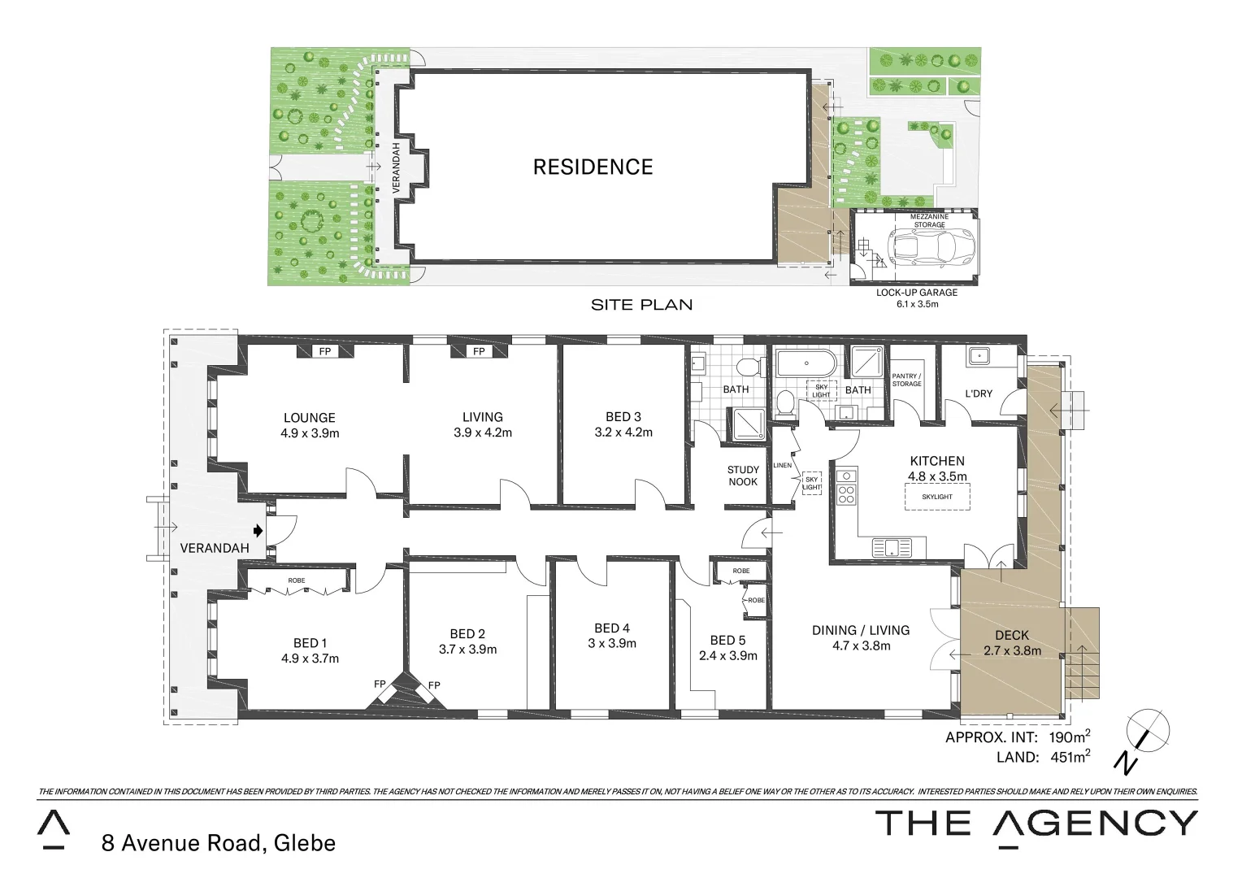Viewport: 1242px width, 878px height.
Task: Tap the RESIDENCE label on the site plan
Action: [x=593, y=167]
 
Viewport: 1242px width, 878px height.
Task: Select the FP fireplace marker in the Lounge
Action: [x=325, y=351]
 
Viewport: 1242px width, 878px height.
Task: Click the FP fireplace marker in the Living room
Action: [x=479, y=351]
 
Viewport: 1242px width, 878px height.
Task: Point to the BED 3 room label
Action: [x=623, y=417]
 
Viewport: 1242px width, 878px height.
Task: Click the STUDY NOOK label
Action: [x=742, y=476]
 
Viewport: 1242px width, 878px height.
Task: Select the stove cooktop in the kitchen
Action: [x=846, y=494]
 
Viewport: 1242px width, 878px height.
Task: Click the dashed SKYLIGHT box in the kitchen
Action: [x=936, y=497]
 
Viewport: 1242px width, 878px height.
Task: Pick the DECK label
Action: [x=1011, y=635]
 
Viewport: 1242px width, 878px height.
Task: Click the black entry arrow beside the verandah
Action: [x=258, y=531]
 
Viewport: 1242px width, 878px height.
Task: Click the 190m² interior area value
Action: [x=1068, y=737]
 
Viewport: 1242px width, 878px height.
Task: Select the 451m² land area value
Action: [x=1068, y=758]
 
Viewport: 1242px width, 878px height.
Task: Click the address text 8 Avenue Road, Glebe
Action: [x=218, y=843]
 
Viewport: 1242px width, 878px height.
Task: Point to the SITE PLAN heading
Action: [x=641, y=305]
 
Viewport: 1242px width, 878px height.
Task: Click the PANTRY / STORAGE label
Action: [x=906, y=380]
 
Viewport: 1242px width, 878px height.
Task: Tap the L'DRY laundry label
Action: [x=978, y=393]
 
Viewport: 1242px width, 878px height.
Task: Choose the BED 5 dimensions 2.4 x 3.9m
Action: [x=727, y=655]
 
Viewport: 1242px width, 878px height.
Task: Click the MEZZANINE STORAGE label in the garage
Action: [x=928, y=220]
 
